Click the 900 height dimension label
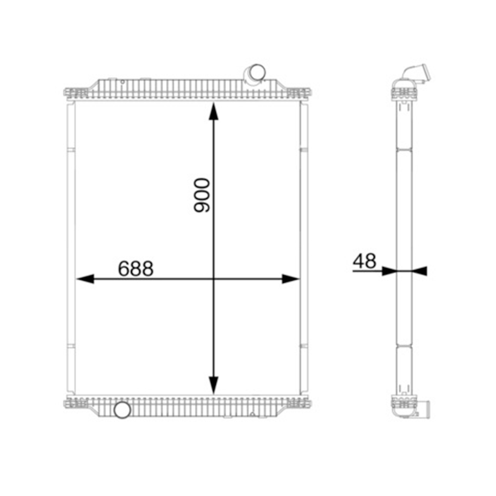click(202, 196)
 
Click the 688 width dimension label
click(136, 269)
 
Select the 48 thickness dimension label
click(365, 261)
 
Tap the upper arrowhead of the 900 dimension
click(213, 111)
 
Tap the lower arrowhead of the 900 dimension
click(213, 385)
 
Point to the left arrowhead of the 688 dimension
click(85, 279)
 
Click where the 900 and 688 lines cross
click(213, 279)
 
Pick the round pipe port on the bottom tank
click(122, 410)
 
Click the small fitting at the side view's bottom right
click(426, 410)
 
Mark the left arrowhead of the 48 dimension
click(388, 271)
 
